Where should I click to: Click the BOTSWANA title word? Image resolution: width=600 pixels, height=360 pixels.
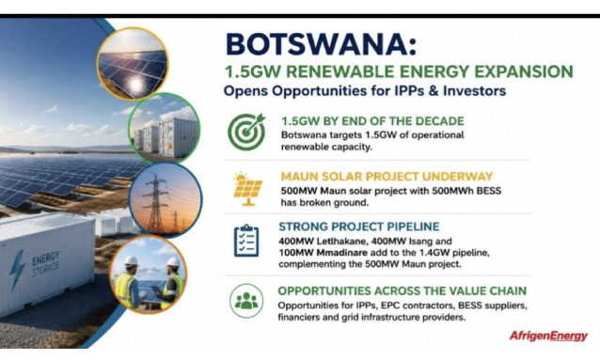(x=321, y=44)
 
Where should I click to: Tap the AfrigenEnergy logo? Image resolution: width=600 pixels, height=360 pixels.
(x=548, y=336)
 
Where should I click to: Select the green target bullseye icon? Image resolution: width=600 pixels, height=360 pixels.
(x=246, y=132)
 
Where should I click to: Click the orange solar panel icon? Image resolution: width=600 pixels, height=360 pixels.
(x=247, y=189)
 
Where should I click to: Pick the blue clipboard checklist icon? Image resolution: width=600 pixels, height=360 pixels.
(x=246, y=241)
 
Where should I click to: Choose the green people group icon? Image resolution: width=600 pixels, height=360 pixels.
(x=246, y=301)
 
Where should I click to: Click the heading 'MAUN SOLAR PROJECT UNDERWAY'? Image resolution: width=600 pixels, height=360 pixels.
(x=387, y=177)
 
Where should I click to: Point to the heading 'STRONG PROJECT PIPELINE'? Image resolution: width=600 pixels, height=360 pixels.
(x=359, y=227)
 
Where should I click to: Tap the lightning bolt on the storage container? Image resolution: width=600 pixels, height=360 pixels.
(x=16, y=270)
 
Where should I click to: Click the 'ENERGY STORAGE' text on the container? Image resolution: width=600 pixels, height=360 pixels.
(x=46, y=263)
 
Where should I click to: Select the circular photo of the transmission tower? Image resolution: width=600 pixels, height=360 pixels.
(x=166, y=199)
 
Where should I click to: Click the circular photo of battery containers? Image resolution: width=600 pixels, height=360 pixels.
(x=165, y=128)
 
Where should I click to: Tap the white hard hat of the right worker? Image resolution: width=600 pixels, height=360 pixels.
(x=173, y=262)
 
